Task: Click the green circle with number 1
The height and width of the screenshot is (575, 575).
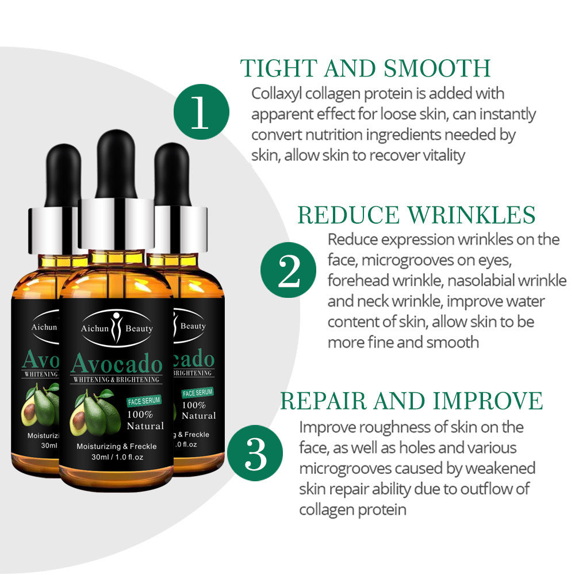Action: pos(201,112)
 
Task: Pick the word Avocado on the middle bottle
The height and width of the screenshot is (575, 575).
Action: pos(116,363)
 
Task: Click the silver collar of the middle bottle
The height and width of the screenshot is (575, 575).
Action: pos(116,224)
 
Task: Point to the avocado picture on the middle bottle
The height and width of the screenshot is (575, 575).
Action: pos(92,414)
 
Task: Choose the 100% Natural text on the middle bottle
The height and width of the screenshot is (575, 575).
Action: pos(145,420)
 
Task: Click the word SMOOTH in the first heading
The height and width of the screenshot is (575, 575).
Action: pos(437,68)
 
